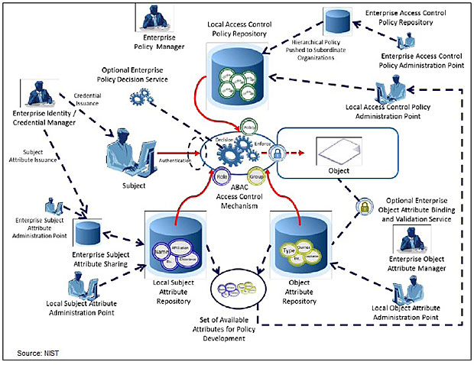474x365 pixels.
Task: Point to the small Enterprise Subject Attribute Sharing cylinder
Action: [x=89, y=228]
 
